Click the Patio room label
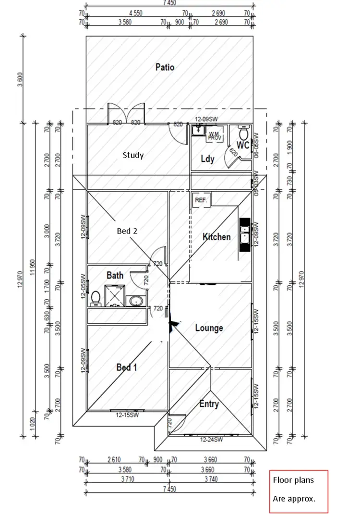coord(165,67)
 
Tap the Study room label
coord(133,155)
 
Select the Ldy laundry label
coord(207,159)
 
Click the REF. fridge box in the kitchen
coord(200,200)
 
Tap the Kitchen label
coord(216,237)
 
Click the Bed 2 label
coord(127,231)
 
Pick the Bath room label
coord(115,275)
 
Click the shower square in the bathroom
coord(114,295)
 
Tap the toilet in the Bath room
coord(96,298)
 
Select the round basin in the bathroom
coord(134,301)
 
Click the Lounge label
coord(209,328)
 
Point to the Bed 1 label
coord(127,367)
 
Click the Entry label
coord(209,404)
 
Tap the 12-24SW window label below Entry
coord(211,439)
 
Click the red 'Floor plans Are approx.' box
coord(299,491)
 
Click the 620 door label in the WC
coord(233,154)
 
